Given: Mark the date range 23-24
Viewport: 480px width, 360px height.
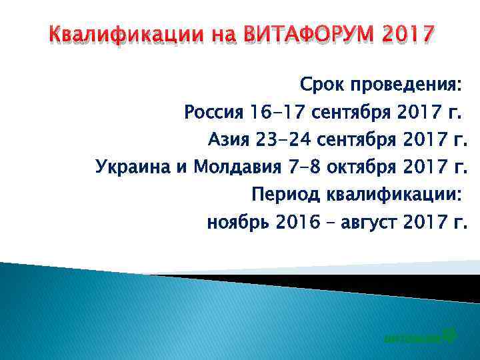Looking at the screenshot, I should pos(285,140).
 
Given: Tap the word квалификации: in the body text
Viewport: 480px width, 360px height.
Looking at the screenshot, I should pos(394,194).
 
